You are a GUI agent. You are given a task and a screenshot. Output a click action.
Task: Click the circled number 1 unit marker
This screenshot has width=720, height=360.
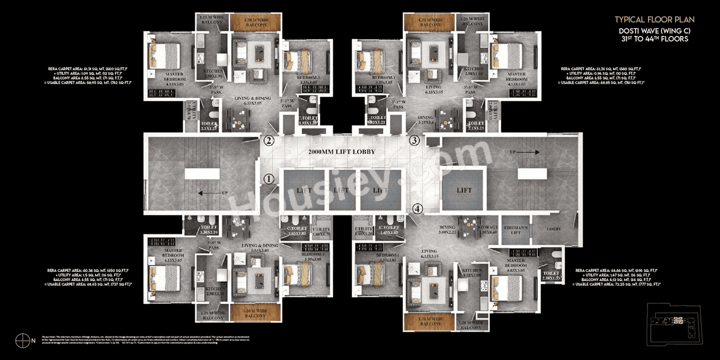[269, 179]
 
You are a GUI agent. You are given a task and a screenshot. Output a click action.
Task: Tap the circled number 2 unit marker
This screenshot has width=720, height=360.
[269, 141]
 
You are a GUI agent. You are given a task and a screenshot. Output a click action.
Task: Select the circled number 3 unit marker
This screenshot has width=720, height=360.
[415, 141]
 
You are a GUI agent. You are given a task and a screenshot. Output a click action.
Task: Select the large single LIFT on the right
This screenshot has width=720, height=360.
[464, 190]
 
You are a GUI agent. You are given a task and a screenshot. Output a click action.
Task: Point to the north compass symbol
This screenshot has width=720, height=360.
[22, 340]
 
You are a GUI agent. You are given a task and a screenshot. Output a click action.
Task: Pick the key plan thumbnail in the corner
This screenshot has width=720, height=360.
[674, 321]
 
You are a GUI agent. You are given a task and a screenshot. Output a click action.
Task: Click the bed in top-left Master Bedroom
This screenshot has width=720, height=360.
[164, 56]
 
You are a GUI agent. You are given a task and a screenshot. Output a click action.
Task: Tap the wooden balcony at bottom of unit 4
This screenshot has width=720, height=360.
[430, 322]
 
